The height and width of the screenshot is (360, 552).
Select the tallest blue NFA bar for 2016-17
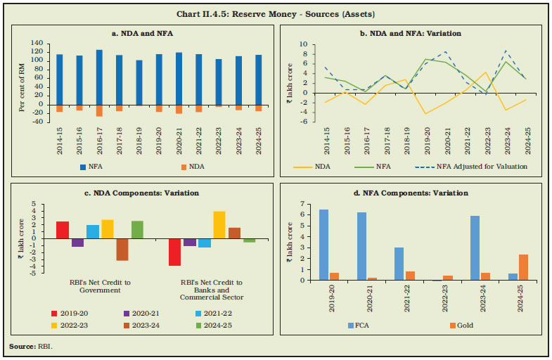coord(99,77)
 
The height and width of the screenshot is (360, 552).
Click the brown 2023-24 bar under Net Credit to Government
coord(122,250)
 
